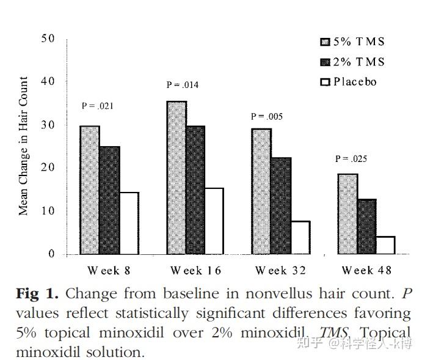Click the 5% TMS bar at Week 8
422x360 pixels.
point(90,190)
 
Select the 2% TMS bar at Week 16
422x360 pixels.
point(195,190)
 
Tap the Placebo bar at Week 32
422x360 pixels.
point(300,238)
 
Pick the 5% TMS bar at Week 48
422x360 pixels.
point(347,214)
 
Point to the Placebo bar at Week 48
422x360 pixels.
point(386,245)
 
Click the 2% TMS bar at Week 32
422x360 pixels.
point(281,206)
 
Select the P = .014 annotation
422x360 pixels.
point(183,85)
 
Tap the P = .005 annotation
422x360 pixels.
point(267,117)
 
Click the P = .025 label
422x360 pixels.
point(351,159)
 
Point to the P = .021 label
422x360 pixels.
point(98,106)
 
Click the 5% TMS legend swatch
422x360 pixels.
point(325,42)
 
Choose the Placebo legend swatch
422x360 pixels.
point(325,82)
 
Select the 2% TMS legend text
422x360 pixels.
point(358,62)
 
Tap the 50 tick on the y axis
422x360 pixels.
point(48,39)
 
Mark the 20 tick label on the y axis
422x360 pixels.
point(48,167)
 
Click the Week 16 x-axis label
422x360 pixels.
point(195,271)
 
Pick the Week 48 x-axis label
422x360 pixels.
point(366,270)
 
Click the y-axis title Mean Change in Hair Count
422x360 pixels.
point(23,145)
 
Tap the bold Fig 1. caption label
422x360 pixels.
point(37,294)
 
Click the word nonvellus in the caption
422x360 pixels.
point(278,293)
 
